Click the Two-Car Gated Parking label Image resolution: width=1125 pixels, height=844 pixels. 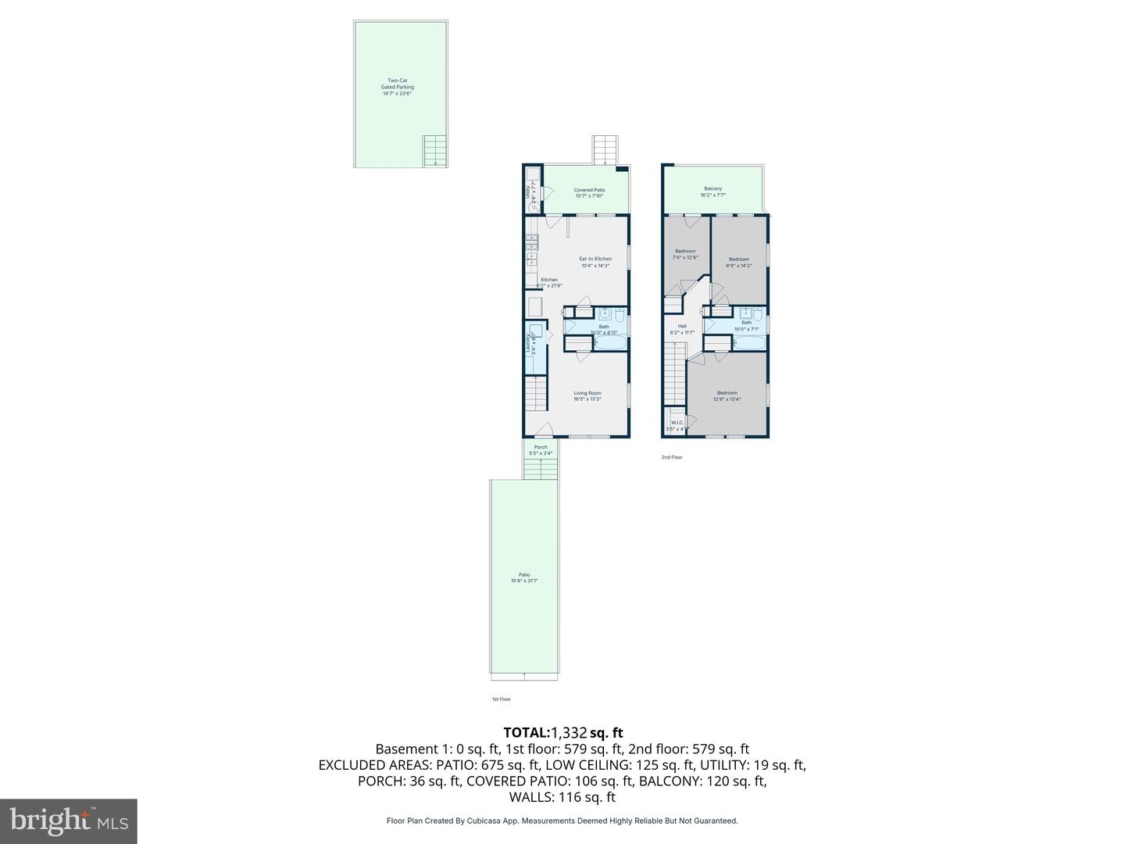tap(397, 87)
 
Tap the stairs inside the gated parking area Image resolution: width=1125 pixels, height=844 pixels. tap(434, 150)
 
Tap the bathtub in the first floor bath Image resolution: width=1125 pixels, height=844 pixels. tap(609, 342)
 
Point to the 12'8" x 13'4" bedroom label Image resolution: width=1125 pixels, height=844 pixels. tap(727, 396)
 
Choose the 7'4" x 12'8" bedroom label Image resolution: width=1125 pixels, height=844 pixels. tap(685, 254)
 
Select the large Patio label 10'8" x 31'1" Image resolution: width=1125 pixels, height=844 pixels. tap(524, 578)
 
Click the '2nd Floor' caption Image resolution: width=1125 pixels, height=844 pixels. tap(672, 457)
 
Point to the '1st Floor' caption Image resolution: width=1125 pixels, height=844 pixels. tap(501, 699)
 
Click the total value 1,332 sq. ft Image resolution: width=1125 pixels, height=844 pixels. tap(587, 733)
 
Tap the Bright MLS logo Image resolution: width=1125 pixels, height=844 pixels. tap(69, 821)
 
